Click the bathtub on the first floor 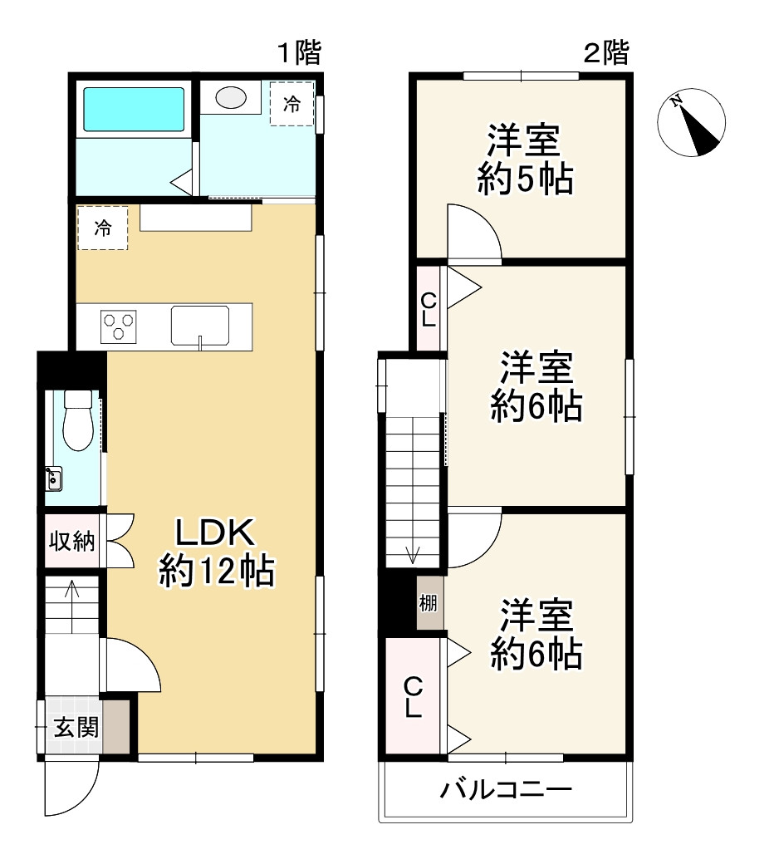(134, 109)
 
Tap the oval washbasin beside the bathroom (231, 97)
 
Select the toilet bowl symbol (78, 420)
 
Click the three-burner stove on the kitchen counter (118, 327)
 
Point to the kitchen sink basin (200, 326)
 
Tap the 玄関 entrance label (76, 728)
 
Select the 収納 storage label (71, 542)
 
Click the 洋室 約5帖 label (525, 160)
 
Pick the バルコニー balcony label (506, 789)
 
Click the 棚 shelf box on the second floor (430, 602)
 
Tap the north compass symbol (691, 123)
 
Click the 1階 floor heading (300, 53)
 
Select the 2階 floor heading (606, 53)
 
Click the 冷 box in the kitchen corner (102, 228)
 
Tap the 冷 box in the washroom (291, 104)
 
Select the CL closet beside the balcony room (413, 696)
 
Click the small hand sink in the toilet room (53, 479)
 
